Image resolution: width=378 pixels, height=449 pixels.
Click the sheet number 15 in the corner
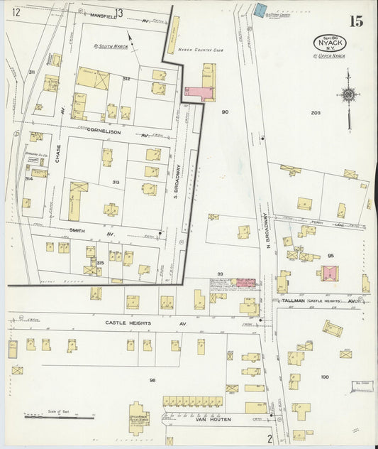[355, 21]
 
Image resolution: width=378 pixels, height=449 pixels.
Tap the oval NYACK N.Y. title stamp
[331, 43]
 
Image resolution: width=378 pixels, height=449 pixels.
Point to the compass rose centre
[348, 94]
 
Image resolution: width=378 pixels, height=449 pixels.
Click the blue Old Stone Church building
[260, 11]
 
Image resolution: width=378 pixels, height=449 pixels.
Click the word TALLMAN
[293, 301]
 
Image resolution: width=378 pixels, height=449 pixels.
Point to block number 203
[316, 113]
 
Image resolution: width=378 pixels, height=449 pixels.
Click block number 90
[225, 112]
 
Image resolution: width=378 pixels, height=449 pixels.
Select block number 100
[325, 377]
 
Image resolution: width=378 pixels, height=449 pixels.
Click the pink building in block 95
[328, 272]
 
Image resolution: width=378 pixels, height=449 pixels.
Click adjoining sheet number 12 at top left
[16, 12]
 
